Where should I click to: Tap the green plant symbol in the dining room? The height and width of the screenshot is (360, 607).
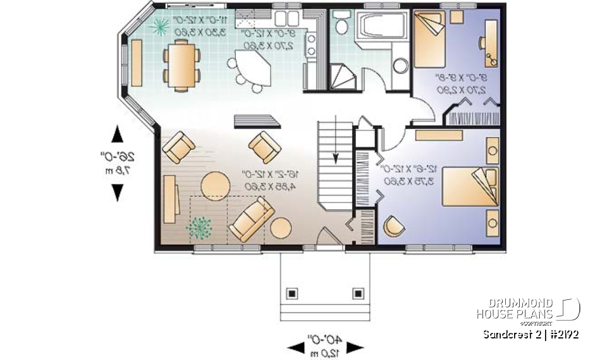pos(161,26)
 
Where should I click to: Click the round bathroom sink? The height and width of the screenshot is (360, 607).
pos(400,65)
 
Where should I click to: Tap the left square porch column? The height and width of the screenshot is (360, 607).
pos(291,293)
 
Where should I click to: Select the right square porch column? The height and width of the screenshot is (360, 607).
pos(359,293)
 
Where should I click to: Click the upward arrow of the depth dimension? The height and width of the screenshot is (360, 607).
pos(117,134)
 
